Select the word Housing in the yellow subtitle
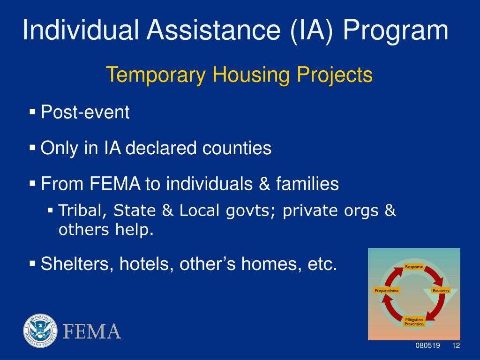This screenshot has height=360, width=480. (251, 75)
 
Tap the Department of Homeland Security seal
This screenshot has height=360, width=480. (40, 330)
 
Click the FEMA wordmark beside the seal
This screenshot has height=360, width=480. (92, 331)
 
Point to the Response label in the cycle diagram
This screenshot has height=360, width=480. (414, 267)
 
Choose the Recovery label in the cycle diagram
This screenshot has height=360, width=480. (441, 291)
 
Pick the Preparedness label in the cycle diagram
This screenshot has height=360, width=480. (387, 291)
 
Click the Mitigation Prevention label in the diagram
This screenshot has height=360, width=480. (414, 322)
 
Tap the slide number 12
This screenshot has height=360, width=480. (456, 345)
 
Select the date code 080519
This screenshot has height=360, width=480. (427, 345)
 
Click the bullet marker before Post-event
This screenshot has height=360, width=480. (32, 112)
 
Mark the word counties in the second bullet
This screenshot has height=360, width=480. (237, 148)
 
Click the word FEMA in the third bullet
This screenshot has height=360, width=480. (115, 184)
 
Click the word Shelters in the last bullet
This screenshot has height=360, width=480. (78, 263)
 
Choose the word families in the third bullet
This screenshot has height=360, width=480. (307, 184)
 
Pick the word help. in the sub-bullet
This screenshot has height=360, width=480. (134, 229)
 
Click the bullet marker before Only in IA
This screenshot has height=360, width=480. (32, 148)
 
